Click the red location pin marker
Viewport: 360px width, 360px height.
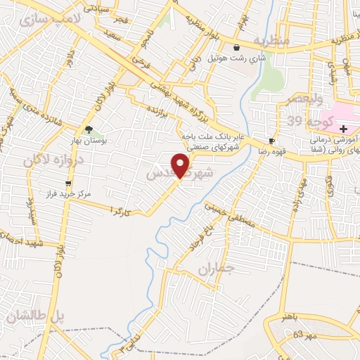[181, 165]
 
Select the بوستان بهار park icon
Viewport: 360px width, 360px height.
[89, 129]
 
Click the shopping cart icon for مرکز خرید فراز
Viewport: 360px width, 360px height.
[67, 183]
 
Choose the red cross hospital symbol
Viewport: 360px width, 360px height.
[342, 129]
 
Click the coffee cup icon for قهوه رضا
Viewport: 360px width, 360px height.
[271, 140]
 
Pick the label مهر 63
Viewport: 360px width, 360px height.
[306, 333]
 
